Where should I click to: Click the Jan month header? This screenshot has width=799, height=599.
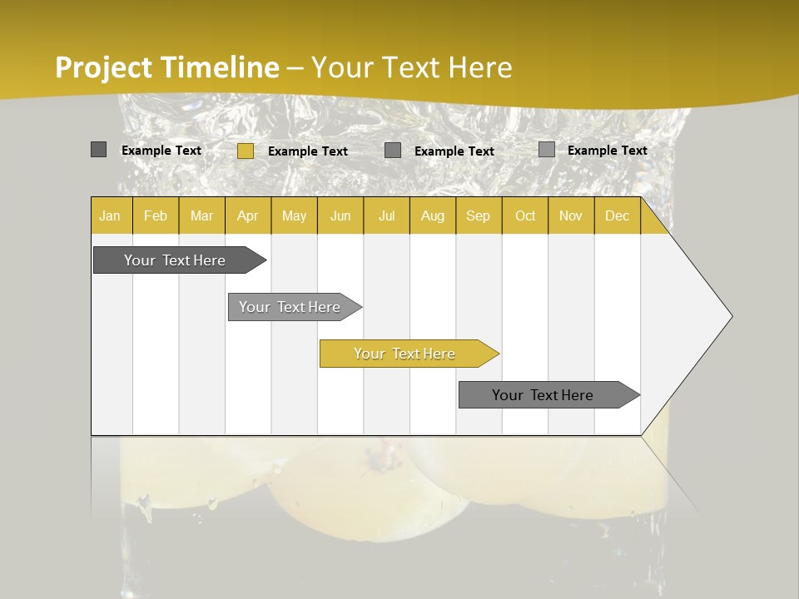(110, 215)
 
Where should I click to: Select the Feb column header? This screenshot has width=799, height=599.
(156, 215)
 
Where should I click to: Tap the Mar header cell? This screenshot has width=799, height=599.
(201, 215)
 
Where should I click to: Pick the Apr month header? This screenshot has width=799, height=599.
(248, 215)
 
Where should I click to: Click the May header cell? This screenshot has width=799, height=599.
(294, 215)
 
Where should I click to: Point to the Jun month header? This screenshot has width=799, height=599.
(340, 215)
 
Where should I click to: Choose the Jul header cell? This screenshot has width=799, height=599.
(386, 215)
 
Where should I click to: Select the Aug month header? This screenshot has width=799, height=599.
(433, 215)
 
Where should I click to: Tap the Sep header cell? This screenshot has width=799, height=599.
(479, 215)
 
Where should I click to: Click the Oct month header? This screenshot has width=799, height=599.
(525, 215)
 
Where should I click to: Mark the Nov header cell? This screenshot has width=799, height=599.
(571, 215)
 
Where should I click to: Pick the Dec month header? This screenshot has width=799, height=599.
(618, 215)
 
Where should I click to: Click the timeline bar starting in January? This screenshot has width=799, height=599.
(176, 260)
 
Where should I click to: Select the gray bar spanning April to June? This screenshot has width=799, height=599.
(290, 307)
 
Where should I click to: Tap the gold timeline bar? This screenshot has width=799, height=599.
(405, 354)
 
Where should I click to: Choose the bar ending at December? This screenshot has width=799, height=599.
(543, 395)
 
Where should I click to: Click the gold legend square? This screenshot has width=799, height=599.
(246, 151)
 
